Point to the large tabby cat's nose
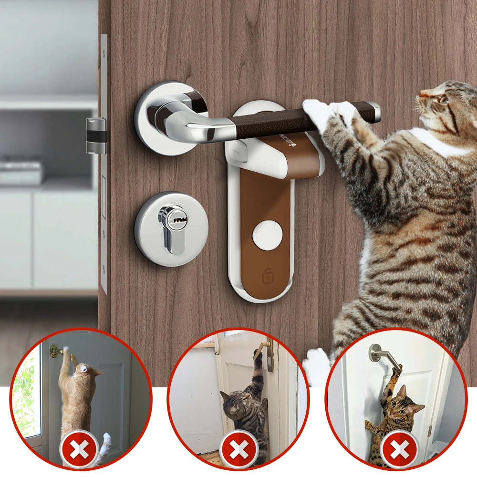(x=419, y=97)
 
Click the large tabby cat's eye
(x=443, y=99)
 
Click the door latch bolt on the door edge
(x=95, y=135)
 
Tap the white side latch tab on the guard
(x=238, y=153)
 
